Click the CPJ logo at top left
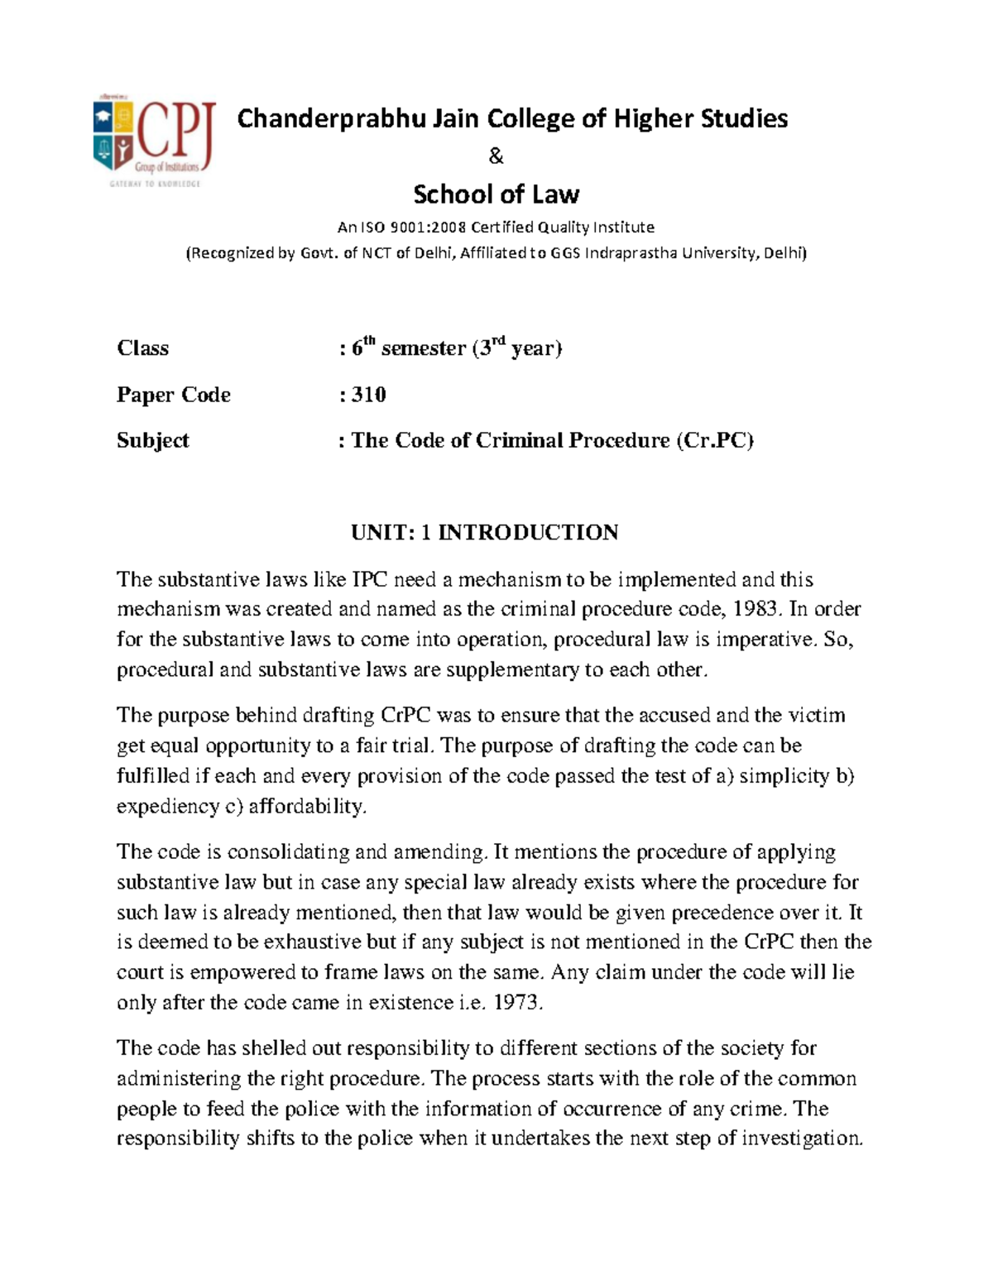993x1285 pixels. pos(154,141)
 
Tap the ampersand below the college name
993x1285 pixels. pos(496,156)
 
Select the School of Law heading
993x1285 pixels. pos(496,194)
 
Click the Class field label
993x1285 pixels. pos(142,348)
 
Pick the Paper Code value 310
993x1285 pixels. pos(368,395)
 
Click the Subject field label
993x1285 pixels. pos(152,440)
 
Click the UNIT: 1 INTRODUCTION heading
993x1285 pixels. pos(484,532)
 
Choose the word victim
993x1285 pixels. pos(816,715)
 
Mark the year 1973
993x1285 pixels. pos(518,1003)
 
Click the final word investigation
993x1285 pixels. pos(801,1139)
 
